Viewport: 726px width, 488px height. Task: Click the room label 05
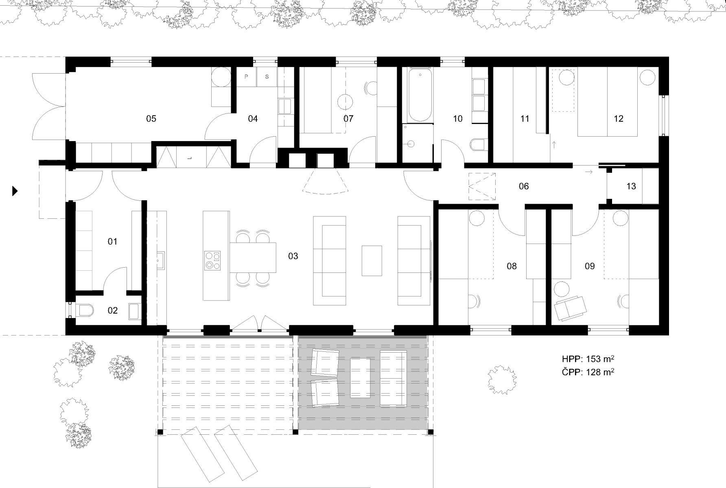pyautogui.click(x=151, y=119)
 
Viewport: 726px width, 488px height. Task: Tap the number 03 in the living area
pyautogui.click(x=293, y=256)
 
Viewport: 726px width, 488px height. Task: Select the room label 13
pyautogui.click(x=631, y=186)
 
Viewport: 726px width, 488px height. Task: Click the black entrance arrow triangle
pyautogui.click(x=15, y=191)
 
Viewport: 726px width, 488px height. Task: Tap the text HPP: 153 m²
pyautogui.click(x=588, y=359)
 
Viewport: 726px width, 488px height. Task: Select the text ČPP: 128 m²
pyautogui.click(x=588, y=372)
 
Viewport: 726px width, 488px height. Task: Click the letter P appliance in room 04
pyautogui.click(x=247, y=77)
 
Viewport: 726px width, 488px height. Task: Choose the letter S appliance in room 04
pyautogui.click(x=267, y=77)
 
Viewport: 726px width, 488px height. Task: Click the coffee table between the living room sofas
pyautogui.click(x=372, y=261)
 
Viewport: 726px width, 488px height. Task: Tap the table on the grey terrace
pyautogui.click(x=361, y=378)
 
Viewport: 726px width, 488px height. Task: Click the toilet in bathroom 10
pyautogui.click(x=477, y=144)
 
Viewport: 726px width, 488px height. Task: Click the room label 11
pyautogui.click(x=525, y=119)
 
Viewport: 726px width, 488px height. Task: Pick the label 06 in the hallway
pyautogui.click(x=524, y=186)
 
